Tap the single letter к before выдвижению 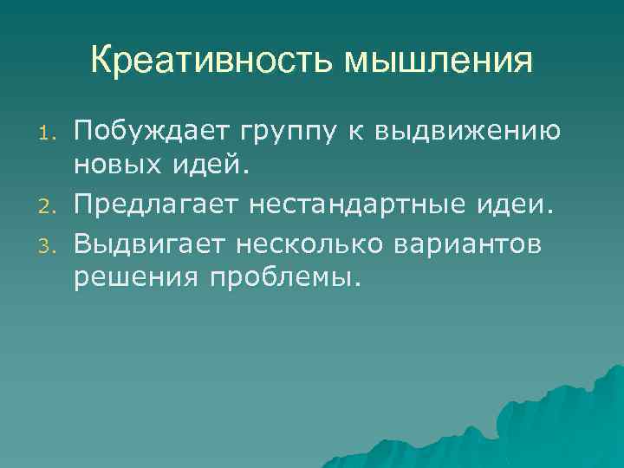tap(339, 132)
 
